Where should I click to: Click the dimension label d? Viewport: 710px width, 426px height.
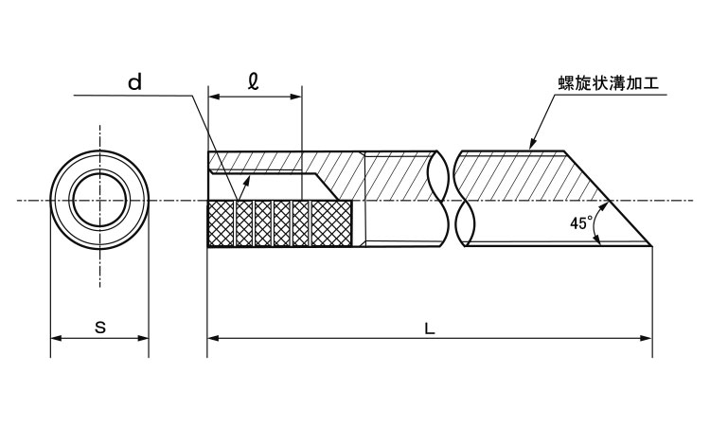click(x=135, y=82)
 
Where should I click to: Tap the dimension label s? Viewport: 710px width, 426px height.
click(x=100, y=327)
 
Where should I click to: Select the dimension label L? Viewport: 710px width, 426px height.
click(x=430, y=328)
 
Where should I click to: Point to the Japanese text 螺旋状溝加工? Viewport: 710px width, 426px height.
click(x=609, y=83)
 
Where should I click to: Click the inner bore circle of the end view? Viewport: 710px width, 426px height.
click(x=99, y=200)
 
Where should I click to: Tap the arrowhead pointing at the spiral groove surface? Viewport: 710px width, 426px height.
click(x=533, y=144)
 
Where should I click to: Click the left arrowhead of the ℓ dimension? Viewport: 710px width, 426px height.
click(x=213, y=97)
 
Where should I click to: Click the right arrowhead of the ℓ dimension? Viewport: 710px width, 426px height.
click(x=296, y=97)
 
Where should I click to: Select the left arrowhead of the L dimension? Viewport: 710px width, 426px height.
click(x=213, y=338)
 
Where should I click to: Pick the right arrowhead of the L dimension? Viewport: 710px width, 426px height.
click(x=647, y=338)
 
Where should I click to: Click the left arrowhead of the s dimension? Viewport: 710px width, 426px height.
click(x=56, y=338)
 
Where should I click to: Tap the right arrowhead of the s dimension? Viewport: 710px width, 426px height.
click(x=143, y=338)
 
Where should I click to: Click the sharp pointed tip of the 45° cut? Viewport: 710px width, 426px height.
click(x=651, y=246)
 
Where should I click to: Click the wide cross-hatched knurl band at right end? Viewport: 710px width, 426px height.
click(x=332, y=223)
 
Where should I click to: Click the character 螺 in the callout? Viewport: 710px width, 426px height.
click(x=566, y=83)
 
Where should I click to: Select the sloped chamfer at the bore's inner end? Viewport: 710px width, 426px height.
click(x=328, y=186)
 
